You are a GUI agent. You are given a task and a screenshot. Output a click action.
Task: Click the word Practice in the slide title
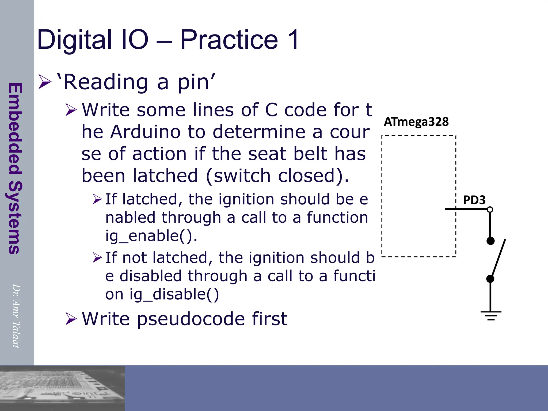point(229,40)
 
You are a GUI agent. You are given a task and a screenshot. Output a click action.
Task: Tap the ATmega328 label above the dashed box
point(416,122)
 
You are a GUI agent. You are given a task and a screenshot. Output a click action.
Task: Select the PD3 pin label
point(474,200)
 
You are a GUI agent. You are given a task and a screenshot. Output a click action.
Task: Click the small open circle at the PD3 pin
point(490,210)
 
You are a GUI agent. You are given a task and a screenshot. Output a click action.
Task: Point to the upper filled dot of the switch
point(490,241)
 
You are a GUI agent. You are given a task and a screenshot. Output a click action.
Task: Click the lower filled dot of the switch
point(490,279)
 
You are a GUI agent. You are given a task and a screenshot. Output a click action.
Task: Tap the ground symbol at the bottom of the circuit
point(491,315)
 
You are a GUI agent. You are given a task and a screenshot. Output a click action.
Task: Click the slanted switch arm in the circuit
point(498,258)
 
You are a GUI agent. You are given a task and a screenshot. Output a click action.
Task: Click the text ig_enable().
point(151,236)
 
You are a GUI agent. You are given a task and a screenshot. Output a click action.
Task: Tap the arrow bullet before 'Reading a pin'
point(45,82)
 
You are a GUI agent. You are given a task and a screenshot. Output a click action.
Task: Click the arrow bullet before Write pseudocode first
point(71,319)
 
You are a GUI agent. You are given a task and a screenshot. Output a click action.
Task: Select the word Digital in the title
point(74,40)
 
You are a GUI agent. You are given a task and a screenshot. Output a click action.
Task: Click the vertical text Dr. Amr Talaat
point(16,316)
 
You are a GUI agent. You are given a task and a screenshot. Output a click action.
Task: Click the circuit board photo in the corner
point(62,388)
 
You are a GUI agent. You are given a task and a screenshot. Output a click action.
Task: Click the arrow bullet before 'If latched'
point(97,199)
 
